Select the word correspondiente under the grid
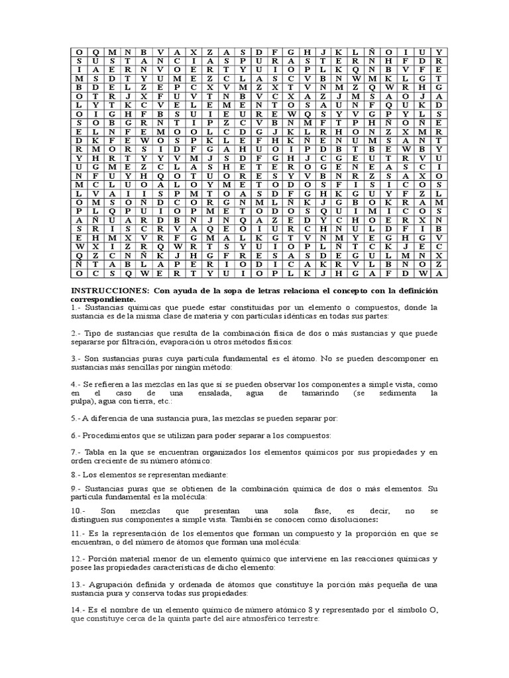(97, 299)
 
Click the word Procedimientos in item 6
(114, 435)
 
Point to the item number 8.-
(75, 475)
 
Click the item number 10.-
(78, 511)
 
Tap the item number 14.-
(78, 609)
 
